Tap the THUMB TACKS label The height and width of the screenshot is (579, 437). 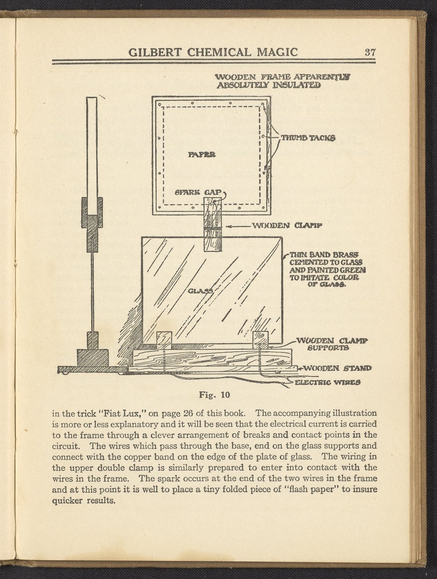[307, 138]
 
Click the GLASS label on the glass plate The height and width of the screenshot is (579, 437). [201, 291]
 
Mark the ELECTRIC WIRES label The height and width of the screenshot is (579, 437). [327, 382]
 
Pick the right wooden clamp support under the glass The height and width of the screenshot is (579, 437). [260, 340]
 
